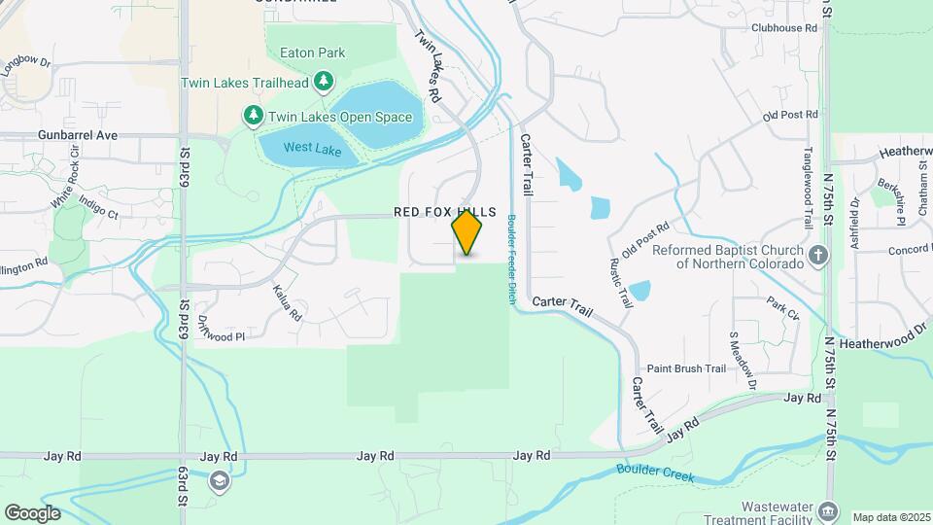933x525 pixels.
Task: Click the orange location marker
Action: point(467,232)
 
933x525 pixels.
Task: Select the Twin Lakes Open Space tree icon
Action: point(253,117)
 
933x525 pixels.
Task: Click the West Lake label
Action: point(312,150)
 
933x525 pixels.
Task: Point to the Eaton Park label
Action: point(300,51)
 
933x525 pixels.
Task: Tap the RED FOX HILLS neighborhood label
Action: point(445,212)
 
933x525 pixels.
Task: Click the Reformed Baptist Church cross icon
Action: point(818,255)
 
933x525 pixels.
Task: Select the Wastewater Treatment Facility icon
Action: point(827,509)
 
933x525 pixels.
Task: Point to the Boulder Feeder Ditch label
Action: point(509,261)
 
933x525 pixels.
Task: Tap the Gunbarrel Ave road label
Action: point(78,135)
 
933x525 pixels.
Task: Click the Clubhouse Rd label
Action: point(783,28)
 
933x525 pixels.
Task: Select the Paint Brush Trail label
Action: point(686,368)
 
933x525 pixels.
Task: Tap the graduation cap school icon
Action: point(221,479)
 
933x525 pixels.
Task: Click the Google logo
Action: point(32,513)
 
